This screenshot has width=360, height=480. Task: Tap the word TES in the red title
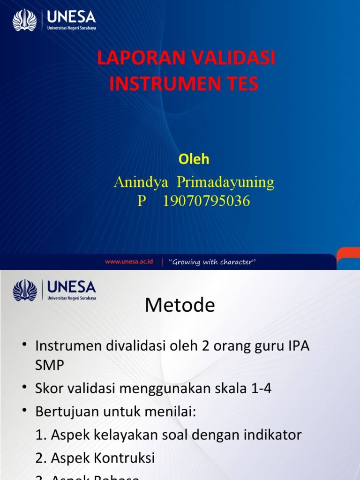(x=240, y=84)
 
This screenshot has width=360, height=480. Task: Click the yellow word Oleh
(x=194, y=159)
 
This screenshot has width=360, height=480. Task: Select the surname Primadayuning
(x=225, y=182)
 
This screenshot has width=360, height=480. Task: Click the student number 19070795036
(x=206, y=201)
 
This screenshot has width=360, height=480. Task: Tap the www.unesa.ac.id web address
(x=129, y=262)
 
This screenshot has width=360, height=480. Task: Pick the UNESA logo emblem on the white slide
(x=24, y=291)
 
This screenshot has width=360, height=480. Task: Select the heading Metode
(x=180, y=306)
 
